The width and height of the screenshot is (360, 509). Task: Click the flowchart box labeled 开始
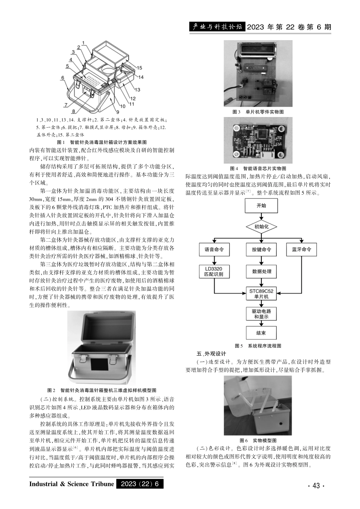click(261, 206)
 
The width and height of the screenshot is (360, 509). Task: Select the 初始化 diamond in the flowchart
click(261, 226)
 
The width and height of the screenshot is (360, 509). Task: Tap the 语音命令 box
click(214, 250)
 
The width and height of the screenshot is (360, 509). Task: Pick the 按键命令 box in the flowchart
click(261, 250)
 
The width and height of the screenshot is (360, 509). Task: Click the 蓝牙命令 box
click(301, 250)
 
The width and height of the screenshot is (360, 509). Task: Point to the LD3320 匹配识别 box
click(214, 271)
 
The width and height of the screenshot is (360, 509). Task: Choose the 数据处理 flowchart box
click(261, 271)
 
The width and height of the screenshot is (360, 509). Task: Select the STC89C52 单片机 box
click(261, 294)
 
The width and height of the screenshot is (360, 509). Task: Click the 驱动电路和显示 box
click(261, 314)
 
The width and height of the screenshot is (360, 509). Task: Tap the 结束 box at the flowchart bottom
click(261, 333)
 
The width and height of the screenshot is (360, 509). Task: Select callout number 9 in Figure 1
click(118, 112)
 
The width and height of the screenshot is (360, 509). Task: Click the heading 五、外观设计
click(211, 353)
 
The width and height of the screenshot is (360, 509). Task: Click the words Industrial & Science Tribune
click(72, 484)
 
